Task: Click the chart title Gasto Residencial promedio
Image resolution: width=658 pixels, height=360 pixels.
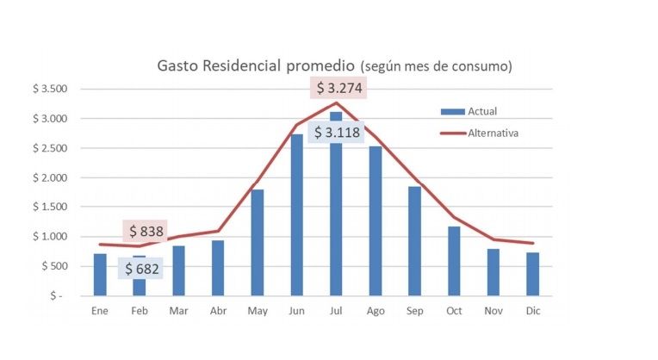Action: (x=255, y=65)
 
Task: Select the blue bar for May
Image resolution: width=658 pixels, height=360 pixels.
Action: (x=257, y=242)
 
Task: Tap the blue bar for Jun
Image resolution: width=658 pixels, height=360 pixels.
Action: (x=297, y=214)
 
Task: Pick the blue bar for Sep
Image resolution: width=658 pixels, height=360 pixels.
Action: (x=414, y=240)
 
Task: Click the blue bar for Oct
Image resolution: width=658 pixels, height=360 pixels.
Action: (x=454, y=260)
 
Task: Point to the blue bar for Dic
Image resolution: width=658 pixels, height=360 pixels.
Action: (x=533, y=273)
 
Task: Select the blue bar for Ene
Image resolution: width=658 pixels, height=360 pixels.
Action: (x=100, y=274)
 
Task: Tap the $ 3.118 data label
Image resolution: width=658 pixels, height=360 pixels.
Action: (x=336, y=133)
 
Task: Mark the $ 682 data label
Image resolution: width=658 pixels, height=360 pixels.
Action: (x=143, y=269)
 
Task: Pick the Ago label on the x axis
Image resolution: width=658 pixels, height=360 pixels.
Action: (x=375, y=311)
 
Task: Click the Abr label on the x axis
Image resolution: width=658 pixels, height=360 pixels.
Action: (x=218, y=311)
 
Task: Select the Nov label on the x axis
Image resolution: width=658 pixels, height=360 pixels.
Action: (x=493, y=311)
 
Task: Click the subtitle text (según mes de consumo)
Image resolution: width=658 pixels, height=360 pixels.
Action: (x=437, y=66)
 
